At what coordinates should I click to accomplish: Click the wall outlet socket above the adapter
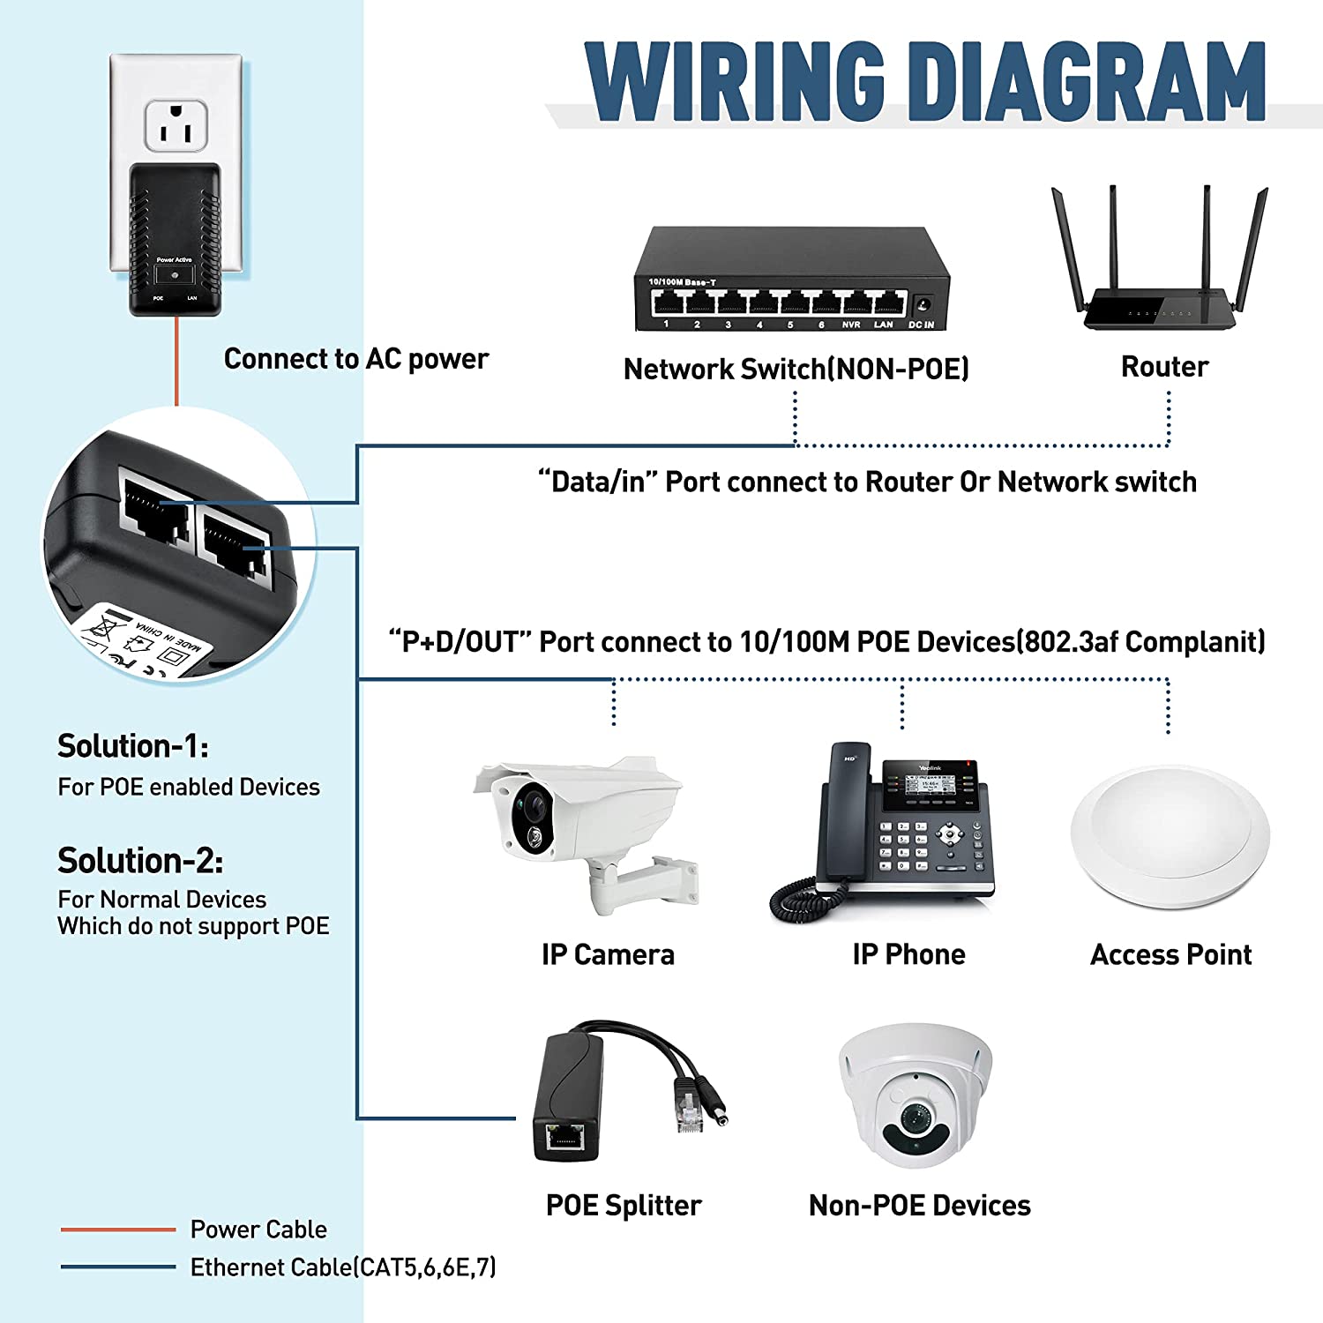[176, 124]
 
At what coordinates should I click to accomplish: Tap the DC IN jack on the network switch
[923, 304]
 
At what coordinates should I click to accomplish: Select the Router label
[1164, 367]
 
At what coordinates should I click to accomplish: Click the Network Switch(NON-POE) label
[796, 369]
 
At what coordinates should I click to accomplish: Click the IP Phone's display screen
[930, 782]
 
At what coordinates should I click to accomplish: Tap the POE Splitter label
[624, 1205]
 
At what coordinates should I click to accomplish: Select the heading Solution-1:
[133, 746]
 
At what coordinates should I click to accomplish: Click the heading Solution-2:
[140, 860]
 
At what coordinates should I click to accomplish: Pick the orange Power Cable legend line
[118, 1229]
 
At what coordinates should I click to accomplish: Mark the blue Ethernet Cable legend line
[118, 1267]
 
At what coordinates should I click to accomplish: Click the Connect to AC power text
[355, 359]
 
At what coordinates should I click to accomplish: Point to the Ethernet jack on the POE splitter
[564, 1137]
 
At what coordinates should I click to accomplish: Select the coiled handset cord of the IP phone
[794, 900]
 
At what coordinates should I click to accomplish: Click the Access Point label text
[1170, 954]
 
